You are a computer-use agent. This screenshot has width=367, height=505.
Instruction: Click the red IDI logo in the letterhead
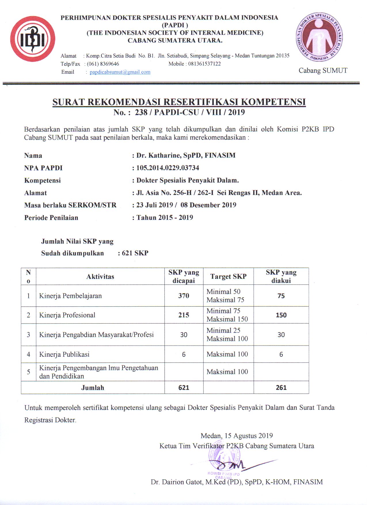tap(33, 39)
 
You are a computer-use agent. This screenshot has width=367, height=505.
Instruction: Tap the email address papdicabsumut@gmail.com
tap(120, 72)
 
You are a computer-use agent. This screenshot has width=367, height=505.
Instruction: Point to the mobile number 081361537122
tap(204, 64)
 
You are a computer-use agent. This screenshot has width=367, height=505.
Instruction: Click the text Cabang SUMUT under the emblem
tap(323, 71)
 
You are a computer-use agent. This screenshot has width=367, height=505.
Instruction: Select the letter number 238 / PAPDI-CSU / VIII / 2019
tap(190, 112)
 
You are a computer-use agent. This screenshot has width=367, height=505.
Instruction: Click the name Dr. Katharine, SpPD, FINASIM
tap(186, 155)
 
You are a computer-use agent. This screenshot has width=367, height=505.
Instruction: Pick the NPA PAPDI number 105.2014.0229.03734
tap(168, 168)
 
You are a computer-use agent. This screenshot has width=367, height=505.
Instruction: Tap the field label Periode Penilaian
tap(51, 218)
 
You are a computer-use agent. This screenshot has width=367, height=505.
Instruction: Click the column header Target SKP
tap(228, 276)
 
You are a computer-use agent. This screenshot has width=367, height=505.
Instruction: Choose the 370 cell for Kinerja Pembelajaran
tap(184, 296)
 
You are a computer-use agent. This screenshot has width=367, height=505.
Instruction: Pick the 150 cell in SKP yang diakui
tap(281, 315)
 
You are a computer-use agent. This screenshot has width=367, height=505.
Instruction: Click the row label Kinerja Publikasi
tap(64, 354)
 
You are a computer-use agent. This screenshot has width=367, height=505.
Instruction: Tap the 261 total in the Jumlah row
tap(281, 388)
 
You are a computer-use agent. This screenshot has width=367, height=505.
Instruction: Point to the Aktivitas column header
tap(100, 277)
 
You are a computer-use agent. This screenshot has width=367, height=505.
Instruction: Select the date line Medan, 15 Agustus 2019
tap(237, 436)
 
